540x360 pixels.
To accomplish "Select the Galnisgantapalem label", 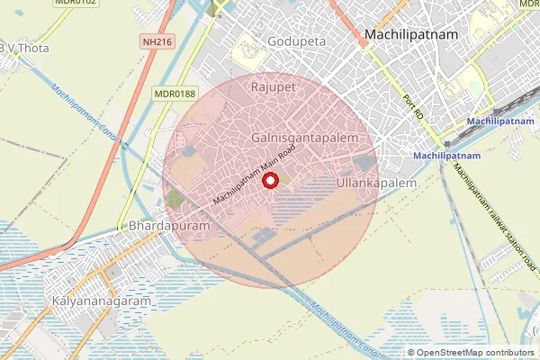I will [305, 138].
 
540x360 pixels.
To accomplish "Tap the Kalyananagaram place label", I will [102, 301].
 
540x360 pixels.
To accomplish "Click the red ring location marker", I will [269, 182].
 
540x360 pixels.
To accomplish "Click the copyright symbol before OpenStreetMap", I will [412, 353].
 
